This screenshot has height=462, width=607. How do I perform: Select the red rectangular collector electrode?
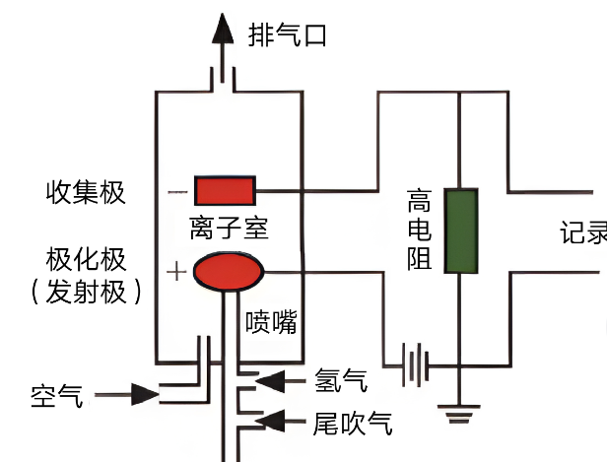225,188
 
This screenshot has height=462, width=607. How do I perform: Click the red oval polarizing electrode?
228,271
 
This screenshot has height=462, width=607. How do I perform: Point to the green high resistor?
460,231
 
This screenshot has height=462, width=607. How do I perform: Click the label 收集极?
87,191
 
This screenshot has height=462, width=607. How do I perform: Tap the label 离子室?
230,230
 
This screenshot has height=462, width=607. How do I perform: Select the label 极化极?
87,260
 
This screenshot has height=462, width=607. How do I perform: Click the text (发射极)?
87,292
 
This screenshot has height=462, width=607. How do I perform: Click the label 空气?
58,396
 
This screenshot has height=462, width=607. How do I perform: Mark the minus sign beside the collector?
176,190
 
